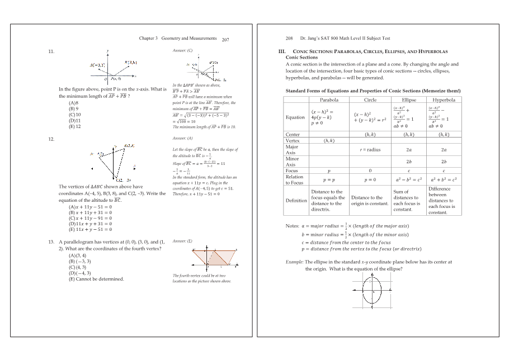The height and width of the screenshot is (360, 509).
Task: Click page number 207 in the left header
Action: click(225, 40)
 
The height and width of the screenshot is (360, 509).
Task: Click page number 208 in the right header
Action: click(290, 39)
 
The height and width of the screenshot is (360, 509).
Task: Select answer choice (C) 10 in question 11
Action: click(74, 115)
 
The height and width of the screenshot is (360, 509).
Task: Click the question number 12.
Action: click(51, 138)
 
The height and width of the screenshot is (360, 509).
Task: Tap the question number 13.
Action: click(51, 242)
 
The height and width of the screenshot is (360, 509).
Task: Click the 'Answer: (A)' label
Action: click(183, 138)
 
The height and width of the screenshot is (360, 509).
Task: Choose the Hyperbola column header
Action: click(444, 100)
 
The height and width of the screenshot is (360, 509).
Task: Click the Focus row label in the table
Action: click(292, 171)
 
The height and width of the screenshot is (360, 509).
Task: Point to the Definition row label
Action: click(296, 200)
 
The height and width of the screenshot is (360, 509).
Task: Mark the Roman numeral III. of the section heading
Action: click(274, 51)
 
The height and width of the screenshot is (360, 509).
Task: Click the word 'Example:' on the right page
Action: click(295, 262)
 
